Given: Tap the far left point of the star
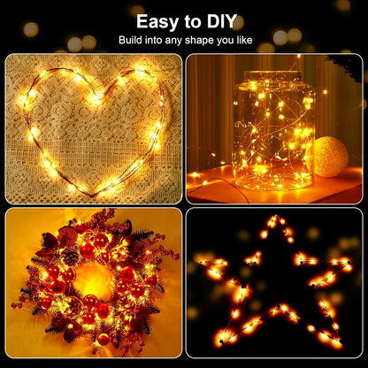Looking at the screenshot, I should pyautogui.click(x=195, y=262).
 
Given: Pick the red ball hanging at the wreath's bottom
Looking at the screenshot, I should pyautogui.click(x=104, y=338).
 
